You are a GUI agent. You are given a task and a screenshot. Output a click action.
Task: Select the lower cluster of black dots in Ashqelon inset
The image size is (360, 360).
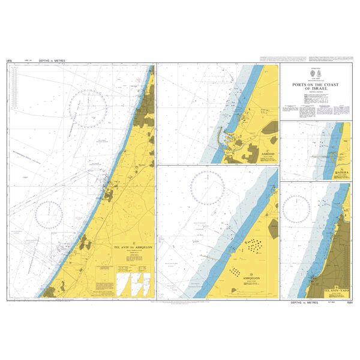coord(239,271)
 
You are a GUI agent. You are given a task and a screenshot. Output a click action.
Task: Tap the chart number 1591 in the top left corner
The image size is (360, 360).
coord(10,61)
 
